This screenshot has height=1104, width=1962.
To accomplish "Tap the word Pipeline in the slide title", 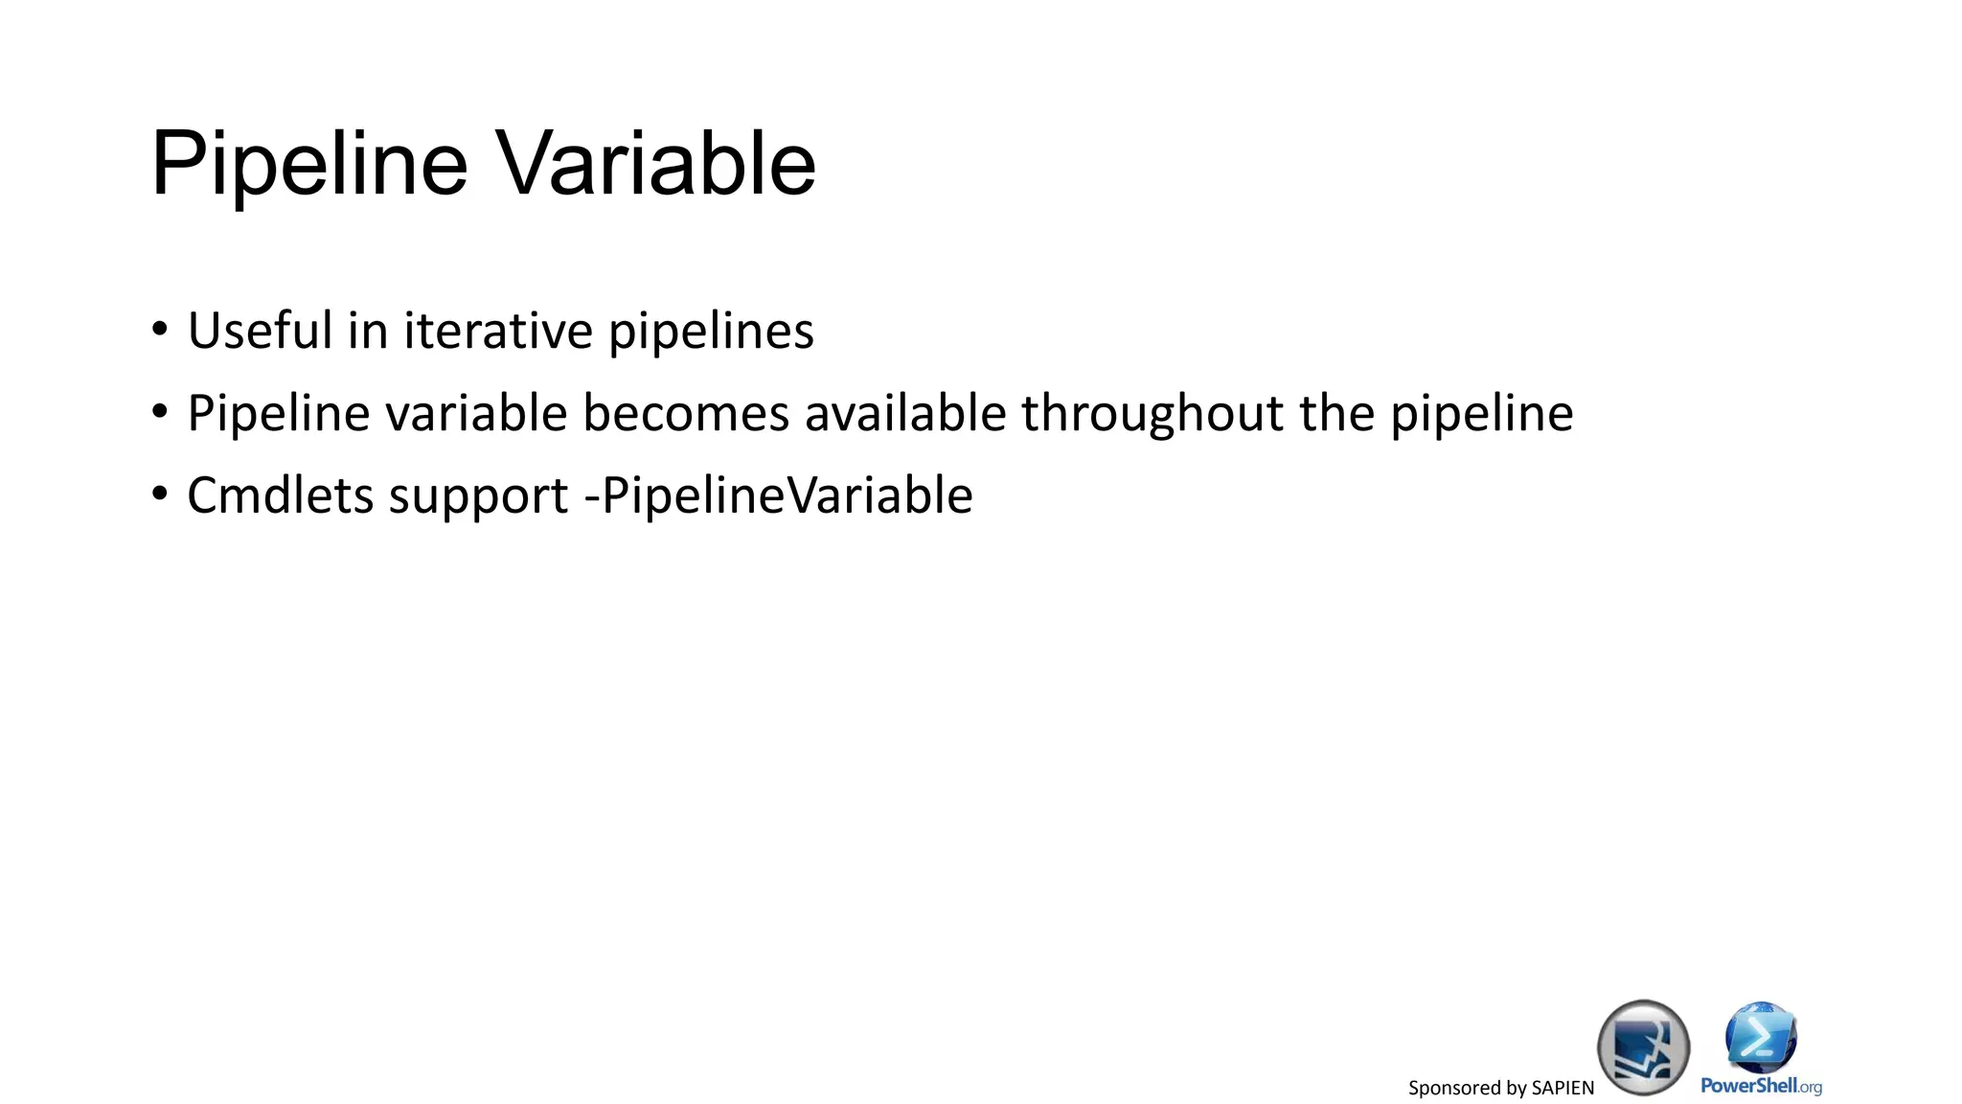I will [x=309, y=164].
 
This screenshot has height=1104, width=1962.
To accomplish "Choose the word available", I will [x=905, y=413].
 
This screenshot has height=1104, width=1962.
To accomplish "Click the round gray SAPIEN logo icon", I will [x=1643, y=1046].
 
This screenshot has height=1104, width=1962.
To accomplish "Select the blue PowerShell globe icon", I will [x=1761, y=1037].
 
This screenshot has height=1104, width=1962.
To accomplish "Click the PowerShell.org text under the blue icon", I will [x=1761, y=1086].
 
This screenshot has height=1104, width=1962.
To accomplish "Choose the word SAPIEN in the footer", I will [x=1563, y=1088].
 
